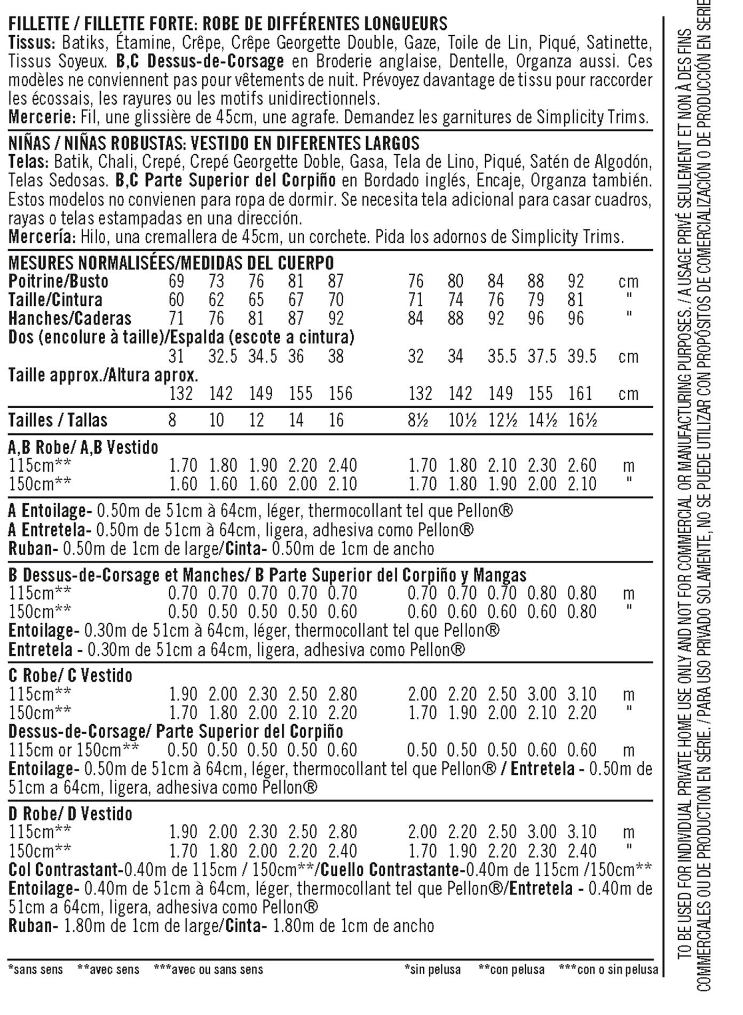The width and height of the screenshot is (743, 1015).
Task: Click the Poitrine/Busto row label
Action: [x=58, y=281]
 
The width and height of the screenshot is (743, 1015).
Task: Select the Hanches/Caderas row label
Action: [x=69, y=319]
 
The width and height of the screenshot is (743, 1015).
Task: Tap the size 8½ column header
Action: [x=420, y=421]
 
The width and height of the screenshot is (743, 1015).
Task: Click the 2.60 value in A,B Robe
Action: [x=582, y=465]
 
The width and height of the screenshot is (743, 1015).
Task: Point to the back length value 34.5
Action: [x=262, y=356]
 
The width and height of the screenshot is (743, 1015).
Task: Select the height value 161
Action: [x=580, y=394]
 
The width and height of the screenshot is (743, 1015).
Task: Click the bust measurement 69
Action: [x=176, y=281]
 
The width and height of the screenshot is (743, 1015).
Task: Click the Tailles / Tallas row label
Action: [x=58, y=421]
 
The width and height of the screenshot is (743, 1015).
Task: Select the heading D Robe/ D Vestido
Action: [x=70, y=814]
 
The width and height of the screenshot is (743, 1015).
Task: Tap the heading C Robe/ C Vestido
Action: [x=70, y=676]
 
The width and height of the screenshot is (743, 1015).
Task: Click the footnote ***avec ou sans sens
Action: [x=208, y=970]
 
